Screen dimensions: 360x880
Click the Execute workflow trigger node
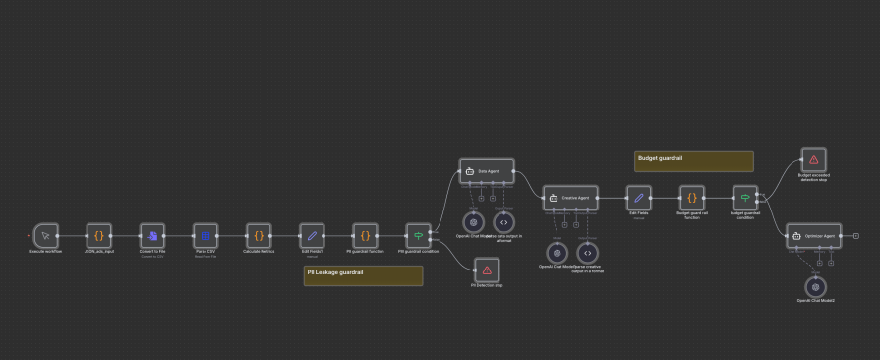(45, 236)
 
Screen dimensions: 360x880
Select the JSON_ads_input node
(98, 236)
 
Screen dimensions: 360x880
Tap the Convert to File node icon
(152, 236)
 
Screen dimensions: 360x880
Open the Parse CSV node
(205, 236)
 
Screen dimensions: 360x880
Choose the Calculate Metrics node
(259, 236)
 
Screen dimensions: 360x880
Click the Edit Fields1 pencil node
(312, 236)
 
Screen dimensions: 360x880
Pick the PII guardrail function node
(365, 236)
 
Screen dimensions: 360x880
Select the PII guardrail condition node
(418, 236)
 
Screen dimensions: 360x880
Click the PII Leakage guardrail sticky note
(364, 275)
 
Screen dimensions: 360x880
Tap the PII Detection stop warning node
(486, 270)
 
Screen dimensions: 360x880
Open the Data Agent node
(487, 171)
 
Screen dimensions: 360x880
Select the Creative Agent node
(570, 197)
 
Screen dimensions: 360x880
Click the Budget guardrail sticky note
(693, 161)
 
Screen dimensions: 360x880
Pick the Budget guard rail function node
(692, 197)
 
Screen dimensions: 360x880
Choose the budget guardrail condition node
(745, 197)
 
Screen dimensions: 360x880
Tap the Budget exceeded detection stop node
(813, 159)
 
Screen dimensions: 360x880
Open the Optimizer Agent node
(814, 236)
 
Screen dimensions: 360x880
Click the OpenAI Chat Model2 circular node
(814, 287)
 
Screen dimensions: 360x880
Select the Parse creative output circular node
(587, 252)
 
